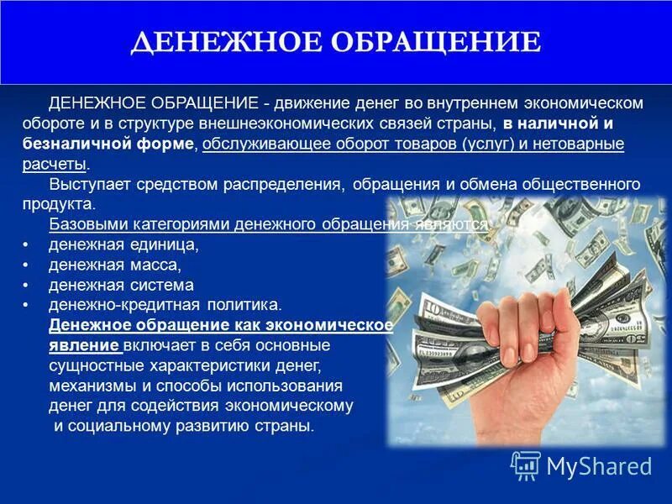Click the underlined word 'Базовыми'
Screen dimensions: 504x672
point(82,224)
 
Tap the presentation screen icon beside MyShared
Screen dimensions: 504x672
point(525,465)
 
